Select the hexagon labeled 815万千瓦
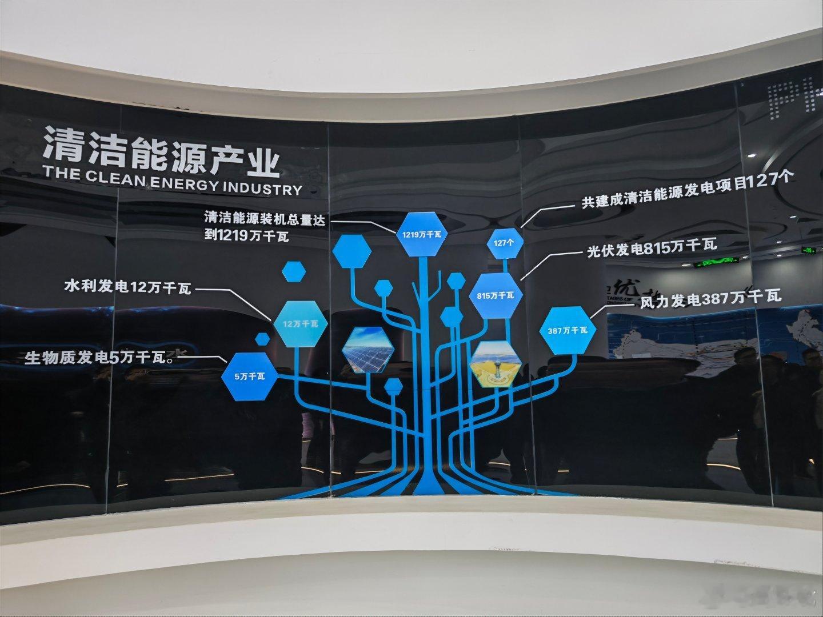(496, 295)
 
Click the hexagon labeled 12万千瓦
(301, 323)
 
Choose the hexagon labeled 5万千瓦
(249, 376)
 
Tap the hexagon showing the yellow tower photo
(495, 364)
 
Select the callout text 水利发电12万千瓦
(129, 286)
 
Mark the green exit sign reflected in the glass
(716, 263)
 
